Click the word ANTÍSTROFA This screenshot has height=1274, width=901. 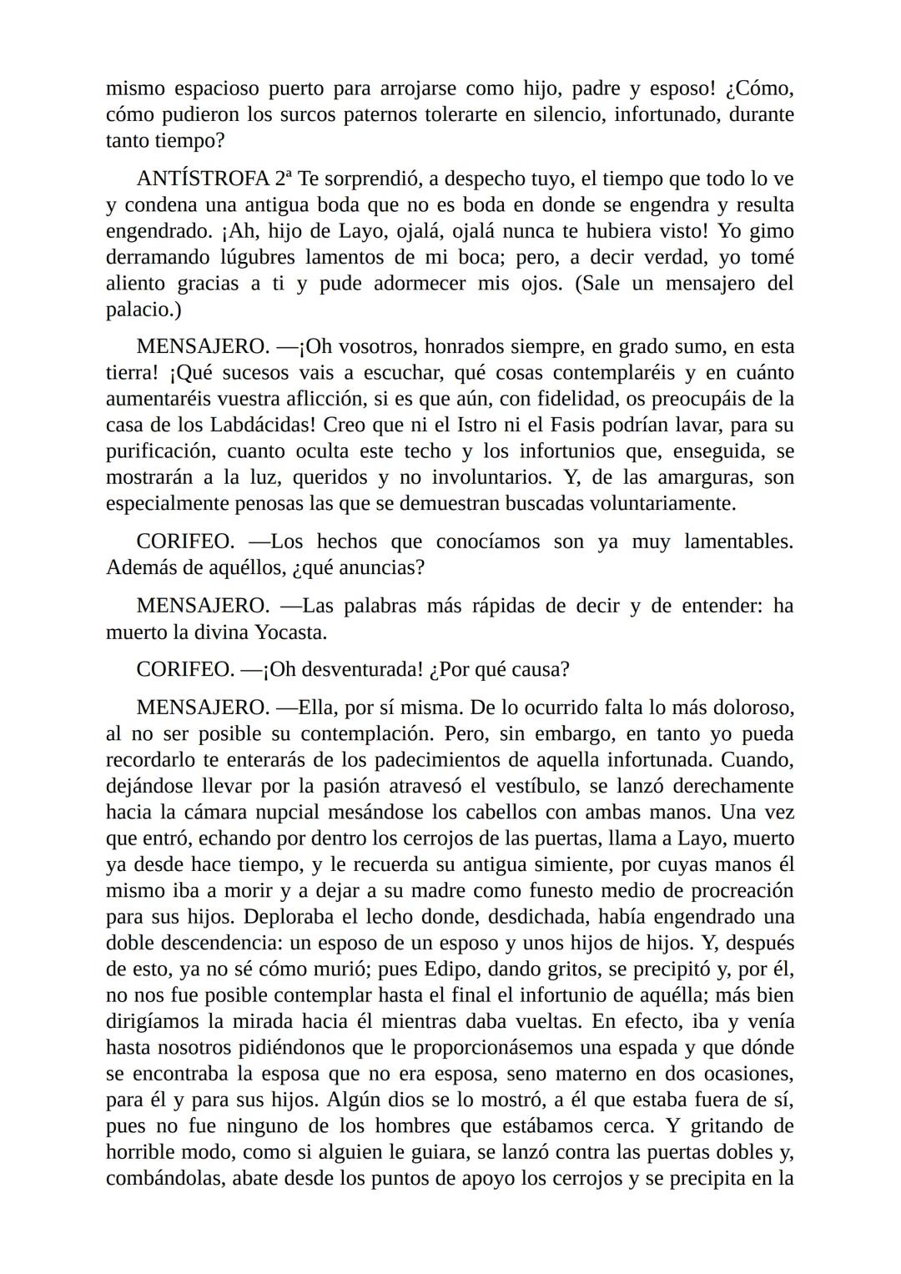click(202, 179)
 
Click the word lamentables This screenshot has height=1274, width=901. click(737, 541)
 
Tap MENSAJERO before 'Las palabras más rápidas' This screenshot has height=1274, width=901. click(203, 606)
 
